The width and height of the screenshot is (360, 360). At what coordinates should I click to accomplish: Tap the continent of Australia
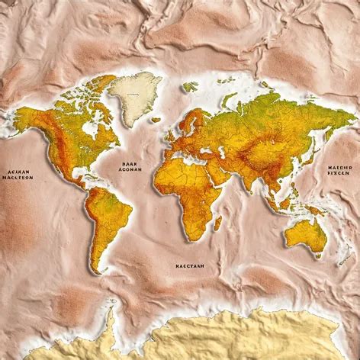point(307,233)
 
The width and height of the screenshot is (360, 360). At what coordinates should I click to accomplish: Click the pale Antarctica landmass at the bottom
point(229,336)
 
